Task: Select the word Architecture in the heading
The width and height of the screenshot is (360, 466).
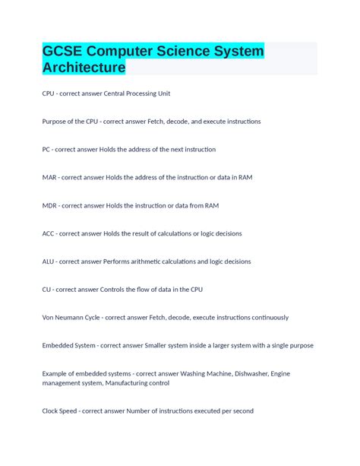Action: (x=84, y=68)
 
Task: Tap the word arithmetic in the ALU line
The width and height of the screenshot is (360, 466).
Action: (x=148, y=262)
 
